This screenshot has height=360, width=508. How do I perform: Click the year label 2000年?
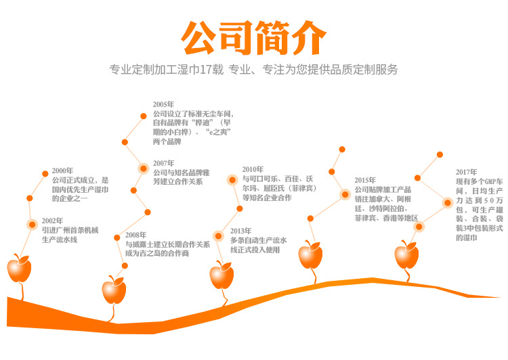(x=62, y=171)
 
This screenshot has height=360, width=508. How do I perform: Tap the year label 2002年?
(x=52, y=221)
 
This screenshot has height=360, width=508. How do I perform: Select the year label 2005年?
(x=163, y=104)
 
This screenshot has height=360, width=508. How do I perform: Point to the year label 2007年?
(x=163, y=163)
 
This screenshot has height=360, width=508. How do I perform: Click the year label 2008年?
(x=135, y=235)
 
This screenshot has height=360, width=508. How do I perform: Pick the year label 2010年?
(x=253, y=169)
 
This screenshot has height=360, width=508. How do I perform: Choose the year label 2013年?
(x=240, y=231)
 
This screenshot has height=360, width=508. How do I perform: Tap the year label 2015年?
(x=365, y=180)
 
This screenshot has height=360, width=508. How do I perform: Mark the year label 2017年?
(x=466, y=172)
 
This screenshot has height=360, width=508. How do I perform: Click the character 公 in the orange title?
(x=198, y=37)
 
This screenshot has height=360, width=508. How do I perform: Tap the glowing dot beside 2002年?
(x=32, y=225)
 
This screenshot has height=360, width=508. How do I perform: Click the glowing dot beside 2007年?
(x=143, y=168)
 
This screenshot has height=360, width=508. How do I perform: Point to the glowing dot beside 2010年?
(x=232, y=180)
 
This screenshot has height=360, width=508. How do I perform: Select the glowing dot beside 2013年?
(x=218, y=236)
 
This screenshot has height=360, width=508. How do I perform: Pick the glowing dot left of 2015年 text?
(x=345, y=194)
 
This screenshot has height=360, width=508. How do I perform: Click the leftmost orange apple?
(x=19, y=269)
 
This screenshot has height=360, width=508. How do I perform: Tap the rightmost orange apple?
(x=406, y=255)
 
